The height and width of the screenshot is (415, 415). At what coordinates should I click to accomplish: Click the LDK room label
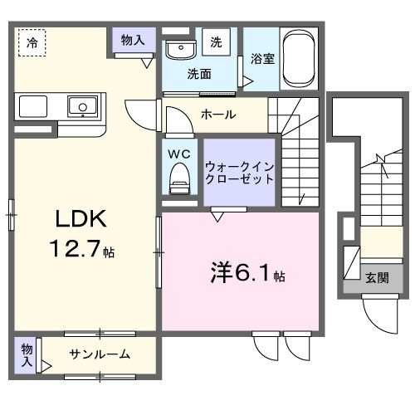(81, 219)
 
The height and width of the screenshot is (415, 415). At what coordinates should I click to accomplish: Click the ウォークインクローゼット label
(239, 172)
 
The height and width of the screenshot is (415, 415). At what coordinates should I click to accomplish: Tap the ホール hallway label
(217, 115)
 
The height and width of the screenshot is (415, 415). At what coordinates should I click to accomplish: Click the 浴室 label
(261, 60)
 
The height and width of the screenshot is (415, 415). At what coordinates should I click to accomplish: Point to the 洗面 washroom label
(198, 73)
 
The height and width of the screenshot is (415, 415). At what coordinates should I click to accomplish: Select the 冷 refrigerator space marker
(32, 41)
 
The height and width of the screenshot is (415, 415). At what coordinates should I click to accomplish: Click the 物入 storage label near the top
(133, 39)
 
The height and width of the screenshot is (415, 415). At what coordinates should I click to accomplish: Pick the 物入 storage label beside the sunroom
(26, 354)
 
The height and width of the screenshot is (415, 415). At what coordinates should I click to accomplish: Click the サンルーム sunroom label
(99, 354)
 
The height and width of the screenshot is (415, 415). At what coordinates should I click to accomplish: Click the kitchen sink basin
(83, 106)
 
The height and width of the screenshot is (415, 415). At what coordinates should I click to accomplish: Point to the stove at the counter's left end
(32, 107)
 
